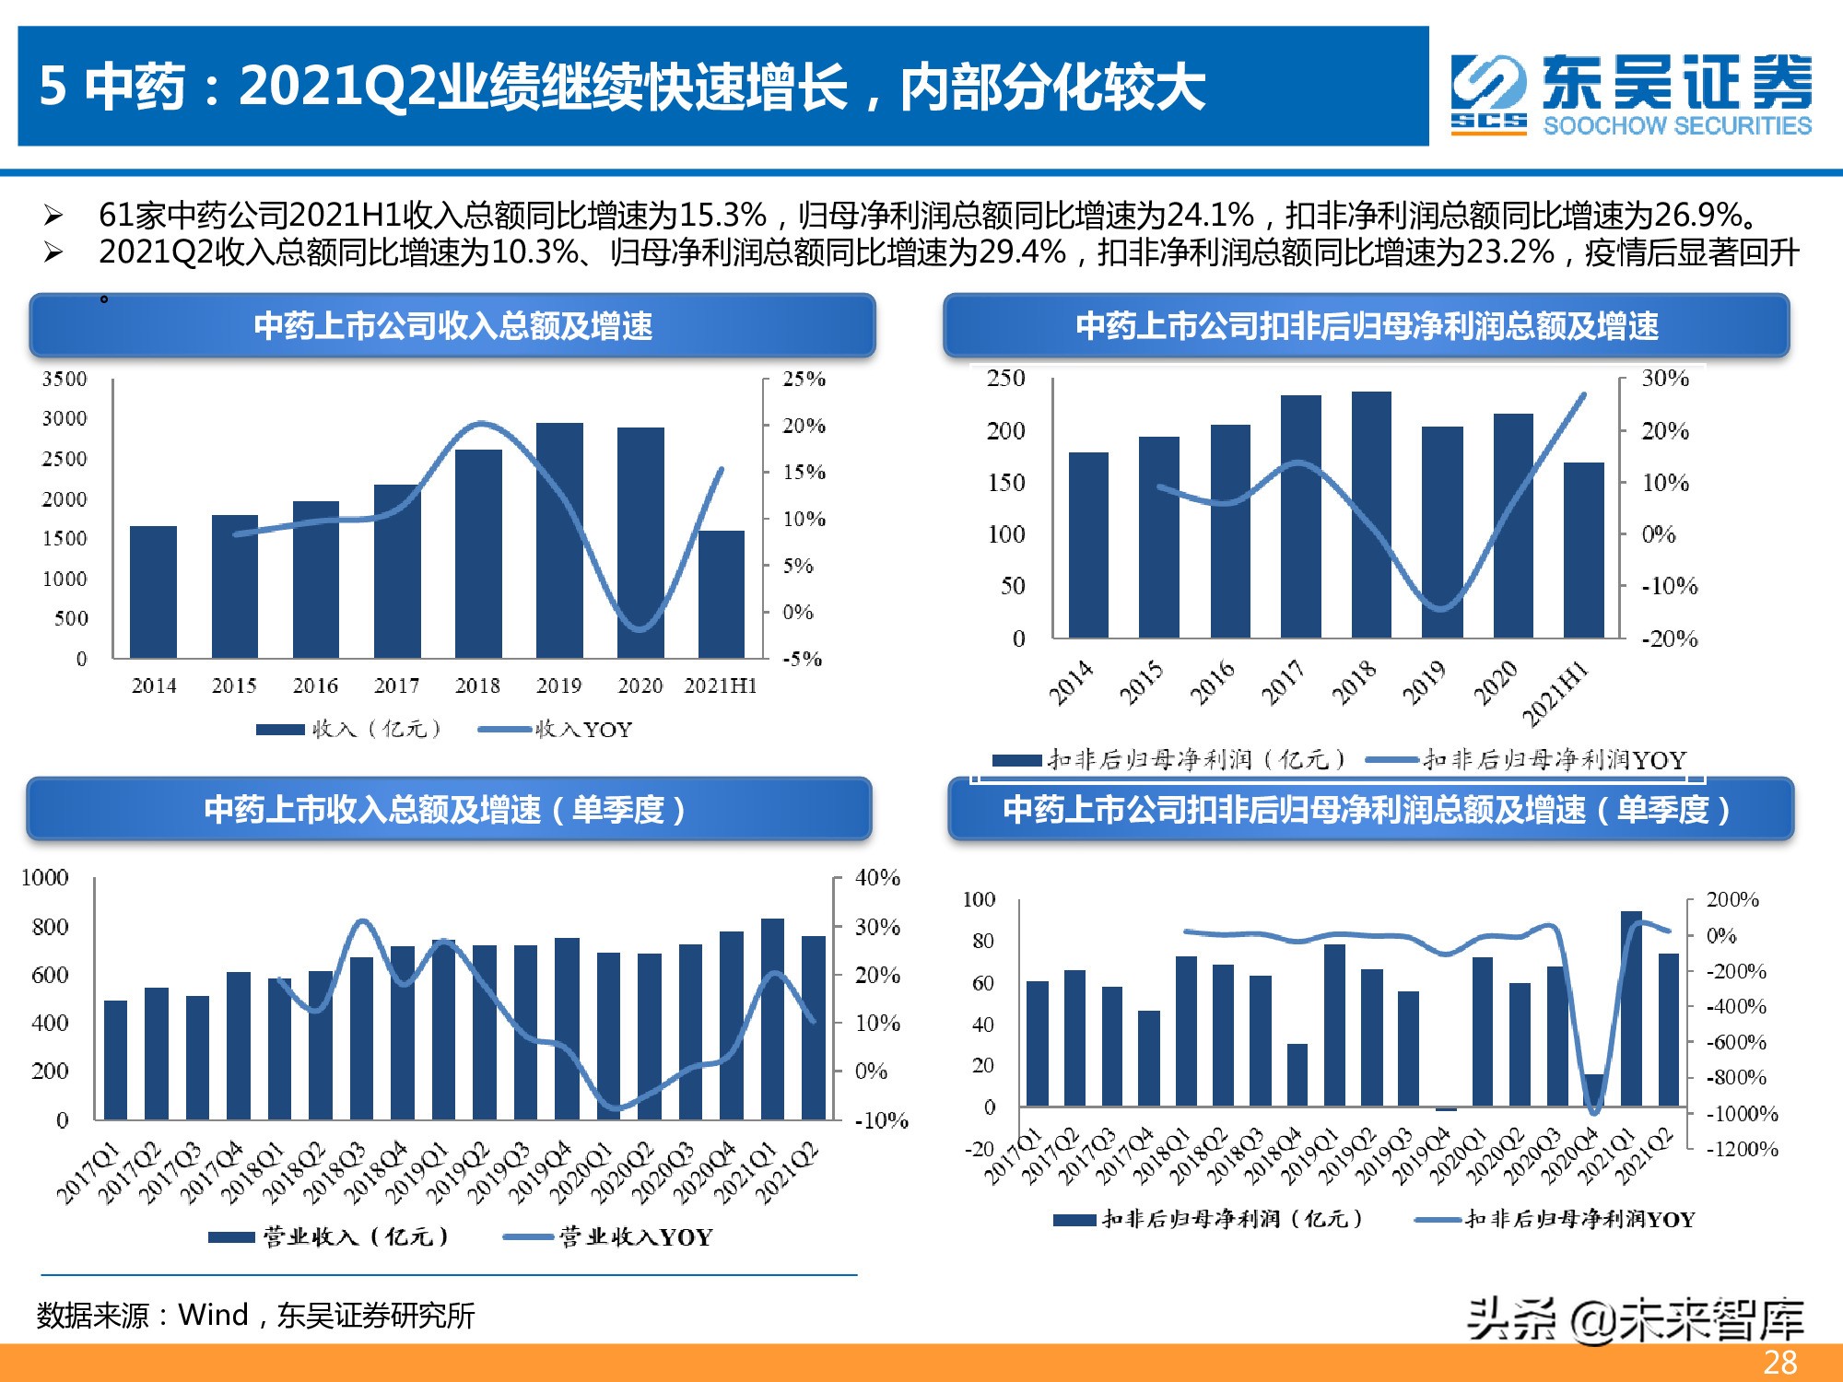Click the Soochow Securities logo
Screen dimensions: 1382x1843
pos(1631,94)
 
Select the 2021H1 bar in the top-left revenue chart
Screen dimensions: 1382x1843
pos(721,594)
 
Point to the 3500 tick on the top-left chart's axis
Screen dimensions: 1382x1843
pos(65,379)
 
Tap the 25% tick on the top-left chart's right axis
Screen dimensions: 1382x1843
pos(804,379)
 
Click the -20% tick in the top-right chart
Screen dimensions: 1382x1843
pos(1669,638)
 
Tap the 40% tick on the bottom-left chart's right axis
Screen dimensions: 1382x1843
pos(876,877)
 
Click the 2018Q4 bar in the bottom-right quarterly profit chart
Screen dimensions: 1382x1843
pos(1297,1074)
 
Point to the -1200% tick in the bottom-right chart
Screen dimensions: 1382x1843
pos(1742,1149)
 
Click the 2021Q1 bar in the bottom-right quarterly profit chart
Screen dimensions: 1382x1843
pos(1631,1008)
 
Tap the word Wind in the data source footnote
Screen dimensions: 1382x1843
pos(213,1315)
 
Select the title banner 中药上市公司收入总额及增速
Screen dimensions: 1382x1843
pos(452,325)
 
